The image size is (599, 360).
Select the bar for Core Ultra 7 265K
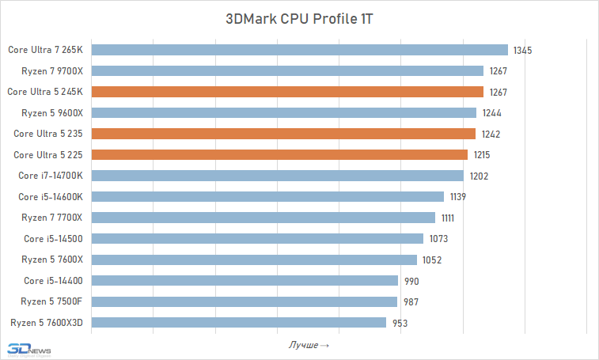point(300,50)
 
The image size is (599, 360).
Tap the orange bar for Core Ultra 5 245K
point(288,92)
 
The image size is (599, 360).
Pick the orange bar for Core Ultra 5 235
point(284,134)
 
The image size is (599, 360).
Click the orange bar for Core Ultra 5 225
point(280,154)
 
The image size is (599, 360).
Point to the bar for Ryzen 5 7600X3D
point(240,322)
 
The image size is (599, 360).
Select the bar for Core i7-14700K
point(278,176)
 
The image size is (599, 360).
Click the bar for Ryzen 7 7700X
point(264,218)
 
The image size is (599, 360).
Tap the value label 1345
point(522,51)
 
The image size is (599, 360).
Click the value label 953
point(400,323)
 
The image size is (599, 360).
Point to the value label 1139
point(458,197)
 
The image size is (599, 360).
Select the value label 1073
point(438,239)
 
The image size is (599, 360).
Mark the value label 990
point(411,281)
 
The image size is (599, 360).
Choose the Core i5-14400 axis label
point(53,281)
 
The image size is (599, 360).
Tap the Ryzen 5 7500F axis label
point(52,301)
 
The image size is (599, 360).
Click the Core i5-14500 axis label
point(53,239)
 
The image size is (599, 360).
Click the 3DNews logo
point(27,348)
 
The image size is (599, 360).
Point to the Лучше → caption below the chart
point(309,346)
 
